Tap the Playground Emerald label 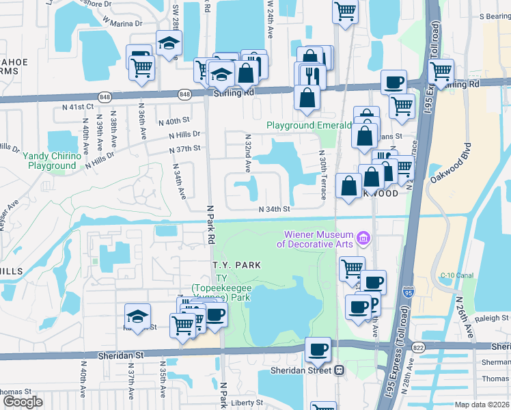click(309, 126)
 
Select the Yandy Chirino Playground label click(49, 161)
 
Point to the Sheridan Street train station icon click(338, 370)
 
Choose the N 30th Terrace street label click(320, 170)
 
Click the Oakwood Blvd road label click(452, 163)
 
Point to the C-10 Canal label click(457, 275)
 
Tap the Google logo click(23, 402)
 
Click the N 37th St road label click(184, 148)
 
